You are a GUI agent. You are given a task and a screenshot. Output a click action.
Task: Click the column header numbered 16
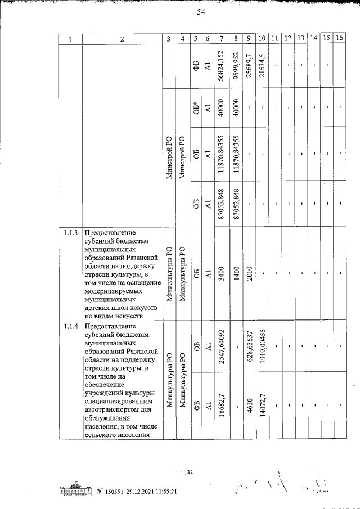point(339,39)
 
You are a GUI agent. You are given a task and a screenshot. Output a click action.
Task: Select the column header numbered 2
point(121,39)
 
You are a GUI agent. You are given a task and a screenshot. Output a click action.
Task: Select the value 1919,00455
point(262,347)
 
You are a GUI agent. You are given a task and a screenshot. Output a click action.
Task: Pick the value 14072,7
point(262,404)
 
